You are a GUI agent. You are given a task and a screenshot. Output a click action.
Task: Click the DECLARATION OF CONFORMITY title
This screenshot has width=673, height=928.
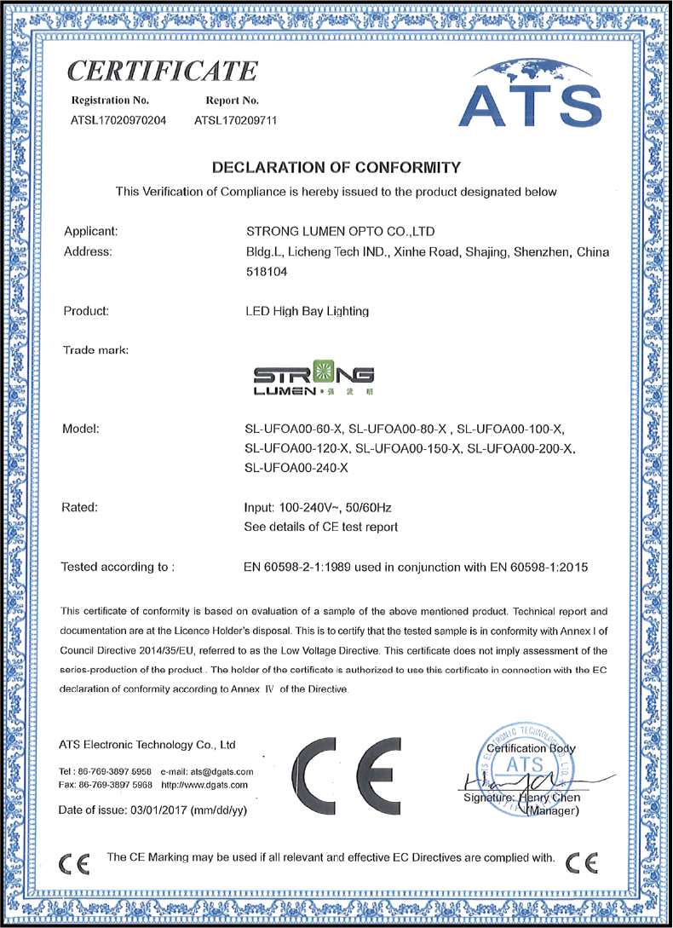(336, 167)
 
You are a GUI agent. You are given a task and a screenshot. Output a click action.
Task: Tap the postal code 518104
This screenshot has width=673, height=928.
(265, 274)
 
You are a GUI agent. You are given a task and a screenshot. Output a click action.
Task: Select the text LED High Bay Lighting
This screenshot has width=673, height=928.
(307, 311)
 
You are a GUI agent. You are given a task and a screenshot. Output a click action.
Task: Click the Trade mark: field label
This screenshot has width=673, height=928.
(96, 351)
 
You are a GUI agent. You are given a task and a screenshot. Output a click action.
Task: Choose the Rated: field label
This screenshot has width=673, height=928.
(81, 508)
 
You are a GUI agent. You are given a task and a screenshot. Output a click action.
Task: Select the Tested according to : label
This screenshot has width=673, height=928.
(118, 566)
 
